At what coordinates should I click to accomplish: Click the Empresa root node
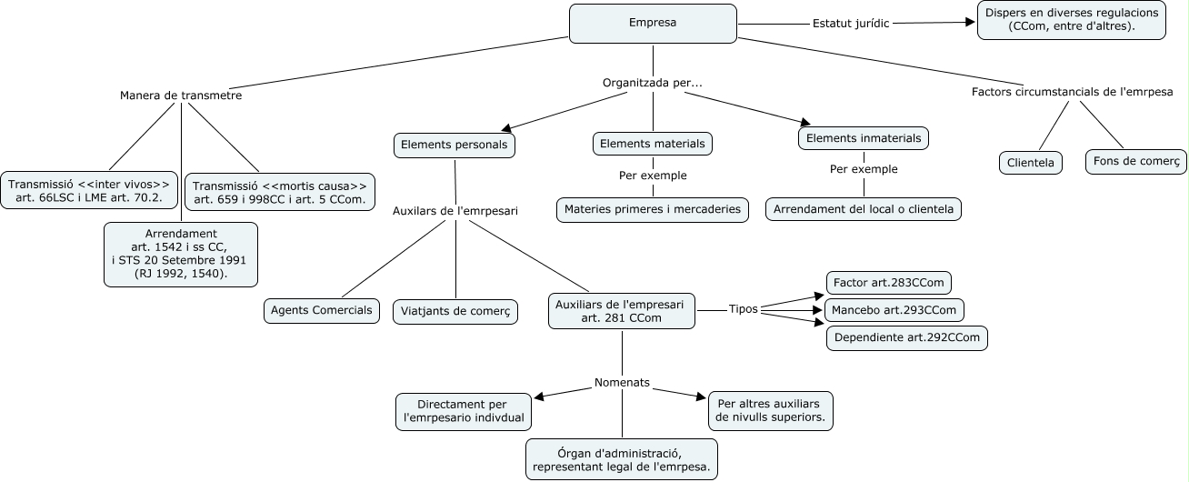(653, 24)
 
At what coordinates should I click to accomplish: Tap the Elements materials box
(653, 144)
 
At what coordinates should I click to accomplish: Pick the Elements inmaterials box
(864, 139)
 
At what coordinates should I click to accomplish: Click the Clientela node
(1031, 163)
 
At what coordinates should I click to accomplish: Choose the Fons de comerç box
(1135, 162)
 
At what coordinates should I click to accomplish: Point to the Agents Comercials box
(322, 310)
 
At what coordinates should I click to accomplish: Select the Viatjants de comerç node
(455, 311)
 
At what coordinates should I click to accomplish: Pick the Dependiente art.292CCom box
(906, 338)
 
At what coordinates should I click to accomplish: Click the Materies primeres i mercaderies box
(653, 209)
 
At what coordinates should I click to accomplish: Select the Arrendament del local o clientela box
(864, 209)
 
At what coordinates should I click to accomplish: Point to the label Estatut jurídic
(851, 24)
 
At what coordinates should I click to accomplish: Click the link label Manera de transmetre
(181, 95)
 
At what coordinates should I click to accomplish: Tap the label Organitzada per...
(653, 83)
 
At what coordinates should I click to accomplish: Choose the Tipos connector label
(743, 308)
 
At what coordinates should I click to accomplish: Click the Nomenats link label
(622, 382)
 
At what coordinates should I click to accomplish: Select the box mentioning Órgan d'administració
(622, 460)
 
